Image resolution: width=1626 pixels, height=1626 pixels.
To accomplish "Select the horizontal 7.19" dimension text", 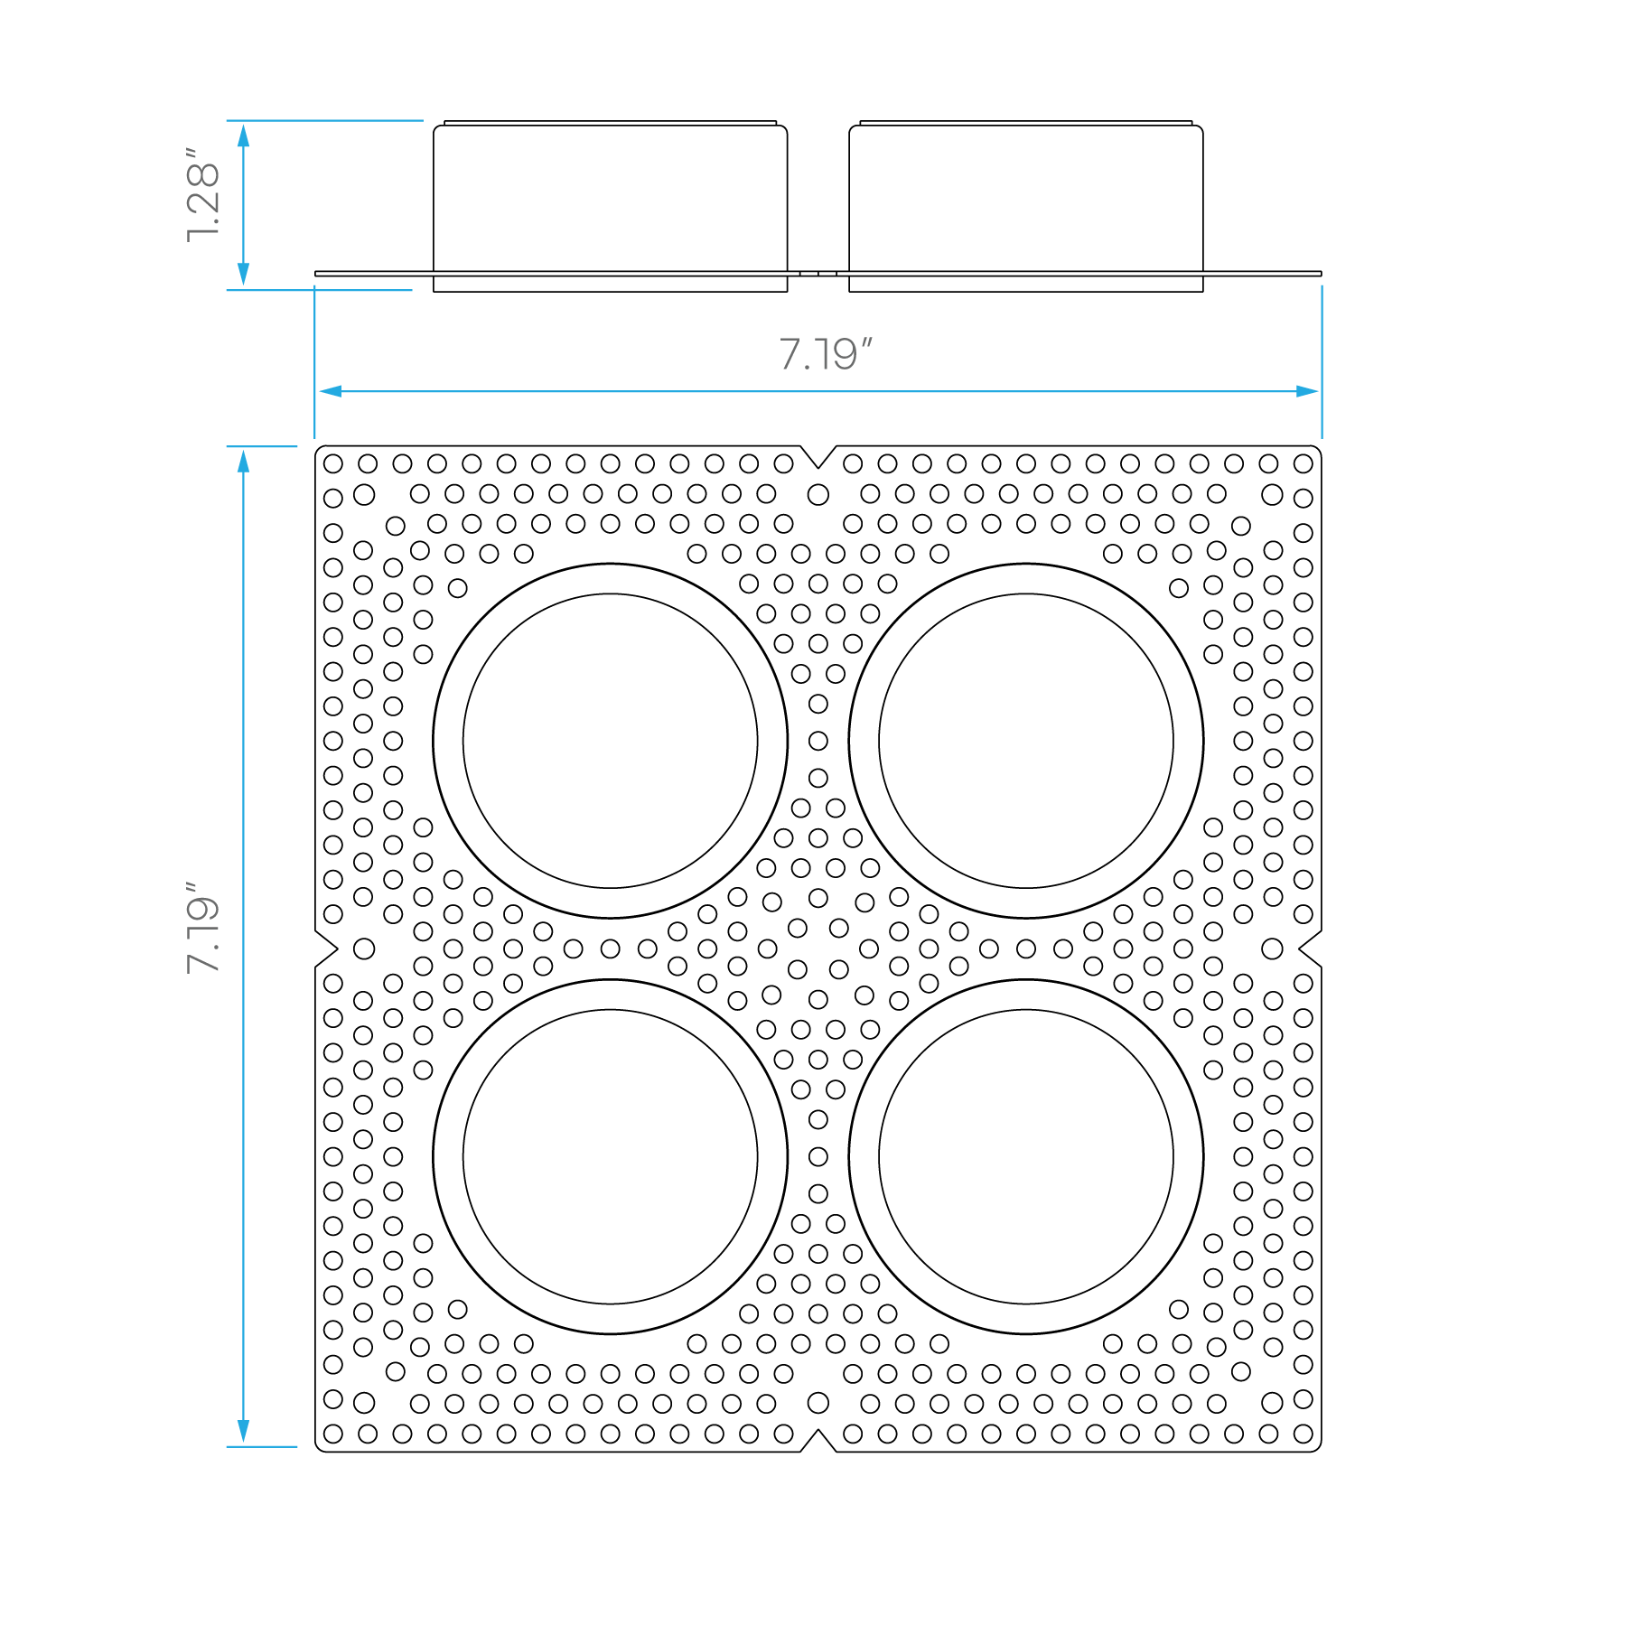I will tap(825, 354).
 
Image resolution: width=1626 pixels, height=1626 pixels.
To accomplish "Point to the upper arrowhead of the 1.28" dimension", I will tap(243, 135).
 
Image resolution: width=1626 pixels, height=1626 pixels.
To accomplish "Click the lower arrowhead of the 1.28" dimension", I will tap(243, 275).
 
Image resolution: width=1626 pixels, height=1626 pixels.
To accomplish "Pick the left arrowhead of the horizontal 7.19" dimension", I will tap(330, 391).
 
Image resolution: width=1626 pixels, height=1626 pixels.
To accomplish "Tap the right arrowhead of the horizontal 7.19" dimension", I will tap(1307, 391).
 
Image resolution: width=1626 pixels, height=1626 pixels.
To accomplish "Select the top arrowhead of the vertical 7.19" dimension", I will tap(243, 462).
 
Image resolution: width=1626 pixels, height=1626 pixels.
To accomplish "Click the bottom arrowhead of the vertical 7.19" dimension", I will tap(243, 1431).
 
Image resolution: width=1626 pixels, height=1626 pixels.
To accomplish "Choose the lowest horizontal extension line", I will tap(262, 1446).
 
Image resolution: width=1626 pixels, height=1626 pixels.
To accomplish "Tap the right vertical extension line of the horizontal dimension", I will tap(1322, 361).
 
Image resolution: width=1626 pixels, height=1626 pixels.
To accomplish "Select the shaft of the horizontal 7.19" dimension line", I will tap(813, 391).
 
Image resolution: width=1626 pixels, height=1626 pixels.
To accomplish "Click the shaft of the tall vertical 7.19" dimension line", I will tap(243, 723).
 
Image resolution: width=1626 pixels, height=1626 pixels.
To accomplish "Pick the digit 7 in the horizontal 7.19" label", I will tap(790, 355).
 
